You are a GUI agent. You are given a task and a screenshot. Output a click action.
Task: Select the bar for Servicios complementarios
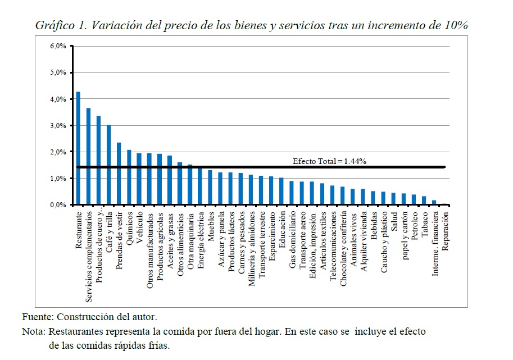click(88, 156)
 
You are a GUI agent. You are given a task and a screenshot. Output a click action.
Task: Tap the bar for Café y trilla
click(108, 165)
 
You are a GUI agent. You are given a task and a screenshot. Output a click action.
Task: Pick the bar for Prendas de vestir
click(119, 174)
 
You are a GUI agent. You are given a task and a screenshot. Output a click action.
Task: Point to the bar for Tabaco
click(424, 200)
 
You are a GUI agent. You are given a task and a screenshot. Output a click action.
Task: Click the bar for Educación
click(282, 192)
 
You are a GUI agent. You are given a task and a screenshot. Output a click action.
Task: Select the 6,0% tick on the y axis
click(58, 46)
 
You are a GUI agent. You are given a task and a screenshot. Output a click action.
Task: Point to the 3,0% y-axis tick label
click(58, 126)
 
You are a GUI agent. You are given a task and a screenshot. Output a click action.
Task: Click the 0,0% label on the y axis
click(58, 206)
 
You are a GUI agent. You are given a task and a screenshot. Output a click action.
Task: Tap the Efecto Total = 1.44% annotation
click(329, 161)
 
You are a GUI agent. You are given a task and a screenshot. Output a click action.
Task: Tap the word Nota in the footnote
click(33, 331)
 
